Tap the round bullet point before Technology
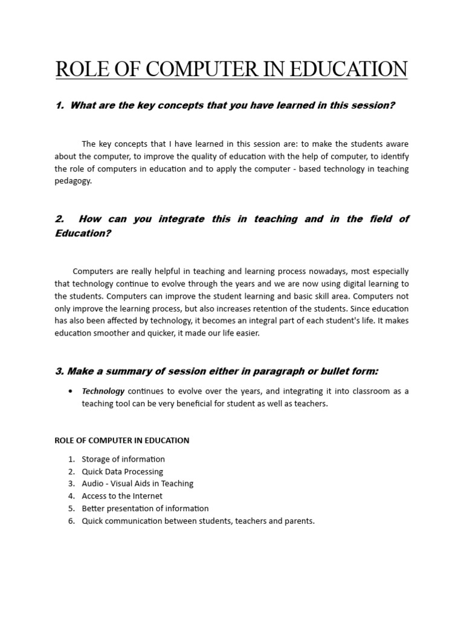71,391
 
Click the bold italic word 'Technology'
103,391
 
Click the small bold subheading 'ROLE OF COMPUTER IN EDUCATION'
121,441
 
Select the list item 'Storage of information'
123,459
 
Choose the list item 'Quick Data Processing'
123,471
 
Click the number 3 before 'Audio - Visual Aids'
71,483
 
